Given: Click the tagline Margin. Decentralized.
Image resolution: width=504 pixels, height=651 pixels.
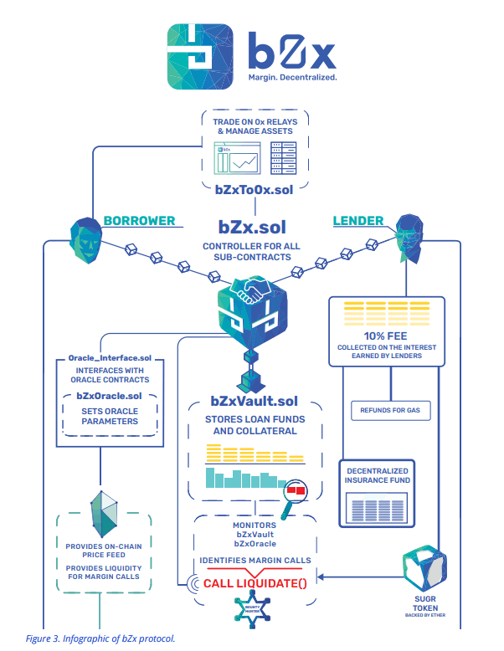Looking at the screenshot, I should click(x=293, y=78).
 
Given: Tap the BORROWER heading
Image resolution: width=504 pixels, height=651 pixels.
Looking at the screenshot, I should click(x=140, y=221).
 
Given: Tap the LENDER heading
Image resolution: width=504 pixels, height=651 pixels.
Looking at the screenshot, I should click(x=358, y=221).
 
